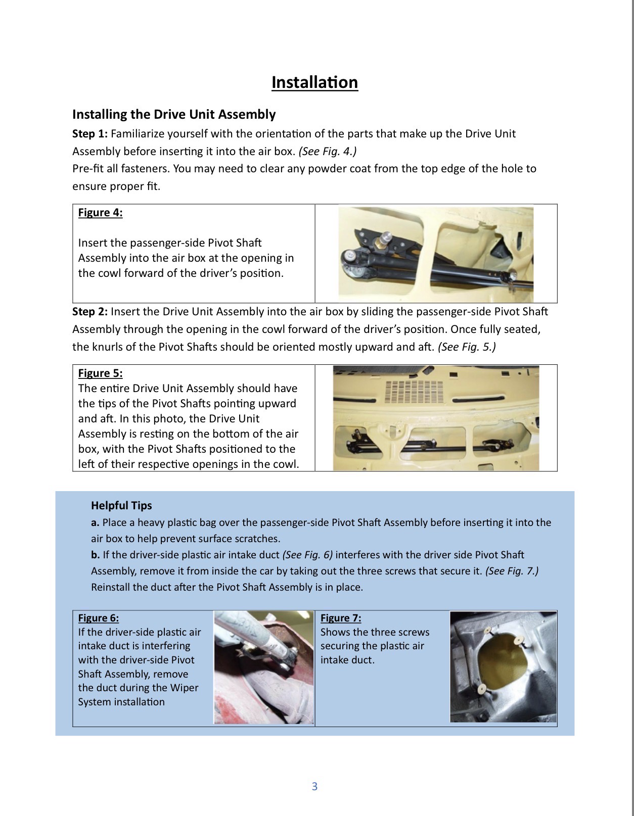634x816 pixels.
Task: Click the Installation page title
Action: pos(314,82)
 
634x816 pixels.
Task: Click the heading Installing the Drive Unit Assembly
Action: pos(174,114)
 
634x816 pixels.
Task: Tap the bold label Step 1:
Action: pos(90,134)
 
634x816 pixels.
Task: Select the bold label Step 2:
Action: pos(90,312)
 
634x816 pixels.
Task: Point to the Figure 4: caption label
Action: pos(100,213)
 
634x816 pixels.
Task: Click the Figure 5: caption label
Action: pos(100,373)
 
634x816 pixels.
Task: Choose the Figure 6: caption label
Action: pos(99,618)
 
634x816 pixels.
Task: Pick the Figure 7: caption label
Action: pos(341,618)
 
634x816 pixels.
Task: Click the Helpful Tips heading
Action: pos(121,505)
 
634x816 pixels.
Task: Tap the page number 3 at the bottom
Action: pos(314,786)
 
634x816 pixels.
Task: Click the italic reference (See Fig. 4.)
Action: pos(328,151)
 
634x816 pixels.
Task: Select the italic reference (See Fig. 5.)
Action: pos(467,347)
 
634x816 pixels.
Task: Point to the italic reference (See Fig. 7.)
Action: pos(512,571)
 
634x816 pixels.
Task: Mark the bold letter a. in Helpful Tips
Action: pos(95,522)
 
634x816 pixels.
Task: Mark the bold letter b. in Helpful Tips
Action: pos(96,555)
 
